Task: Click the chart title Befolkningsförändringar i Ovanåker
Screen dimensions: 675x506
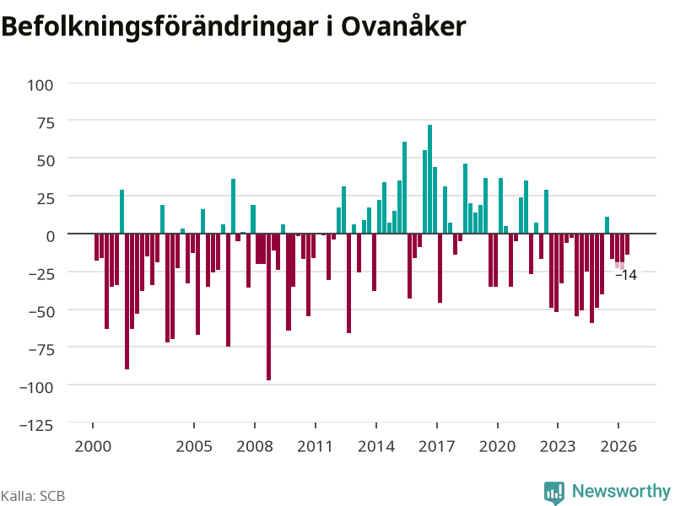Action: (x=234, y=27)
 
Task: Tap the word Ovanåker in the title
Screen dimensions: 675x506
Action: (x=403, y=26)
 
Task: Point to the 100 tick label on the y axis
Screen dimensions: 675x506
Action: (x=40, y=85)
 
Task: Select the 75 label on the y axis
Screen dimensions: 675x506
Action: (x=46, y=123)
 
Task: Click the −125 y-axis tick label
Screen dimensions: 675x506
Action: (x=36, y=425)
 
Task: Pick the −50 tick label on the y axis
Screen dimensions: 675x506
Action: (x=41, y=311)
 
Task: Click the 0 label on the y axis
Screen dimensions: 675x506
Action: (x=51, y=236)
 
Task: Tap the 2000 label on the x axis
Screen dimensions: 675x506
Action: (x=93, y=446)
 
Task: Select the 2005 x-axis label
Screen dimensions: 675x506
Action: (x=194, y=446)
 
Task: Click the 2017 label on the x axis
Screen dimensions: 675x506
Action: (x=436, y=446)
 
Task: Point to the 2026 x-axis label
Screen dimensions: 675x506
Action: (x=618, y=446)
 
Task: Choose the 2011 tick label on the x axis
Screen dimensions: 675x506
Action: (x=315, y=446)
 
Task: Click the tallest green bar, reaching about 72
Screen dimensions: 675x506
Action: (x=429, y=179)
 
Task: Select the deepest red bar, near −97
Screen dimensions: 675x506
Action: (x=268, y=307)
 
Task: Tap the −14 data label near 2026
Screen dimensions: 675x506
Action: (x=626, y=275)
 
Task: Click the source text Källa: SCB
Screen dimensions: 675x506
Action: (x=33, y=496)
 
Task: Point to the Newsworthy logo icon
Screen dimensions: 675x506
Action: (x=554, y=493)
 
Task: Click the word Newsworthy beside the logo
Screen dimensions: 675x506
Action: (x=621, y=491)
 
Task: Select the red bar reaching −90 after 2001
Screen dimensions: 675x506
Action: (x=127, y=301)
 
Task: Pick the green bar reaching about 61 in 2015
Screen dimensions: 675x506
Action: (x=404, y=187)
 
